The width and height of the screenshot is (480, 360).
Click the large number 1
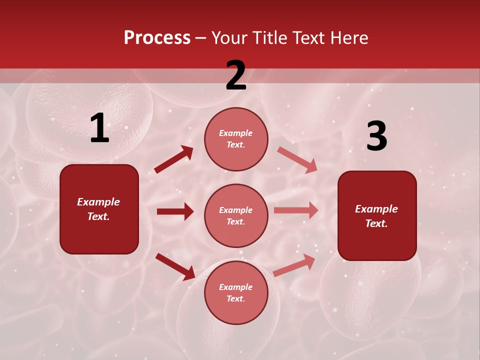tap(99, 128)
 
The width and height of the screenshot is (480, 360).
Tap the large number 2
tap(235, 75)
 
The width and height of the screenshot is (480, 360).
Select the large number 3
tap(376, 136)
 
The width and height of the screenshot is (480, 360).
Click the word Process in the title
tap(157, 38)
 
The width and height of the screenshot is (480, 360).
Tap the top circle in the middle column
tap(236, 139)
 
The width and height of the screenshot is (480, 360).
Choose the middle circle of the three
tap(236, 215)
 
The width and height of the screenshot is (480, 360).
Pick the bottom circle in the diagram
tap(236, 292)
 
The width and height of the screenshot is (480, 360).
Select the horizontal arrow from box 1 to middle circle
tap(175, 211)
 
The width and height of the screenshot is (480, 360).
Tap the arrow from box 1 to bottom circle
tap(175, 266)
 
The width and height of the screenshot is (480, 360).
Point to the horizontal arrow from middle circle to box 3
tap(296, 210)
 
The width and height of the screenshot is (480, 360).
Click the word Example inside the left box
tap(98, 202)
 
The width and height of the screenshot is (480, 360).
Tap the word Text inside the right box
tap(376, 223)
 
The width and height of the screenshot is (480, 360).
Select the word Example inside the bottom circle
tap(236, 287)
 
